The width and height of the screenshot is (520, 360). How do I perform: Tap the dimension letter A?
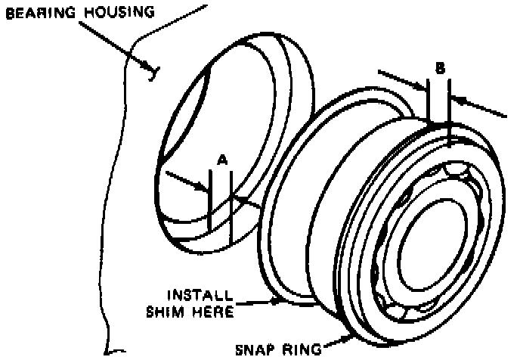(222, 160)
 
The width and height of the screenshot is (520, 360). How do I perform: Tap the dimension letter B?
(439, 67)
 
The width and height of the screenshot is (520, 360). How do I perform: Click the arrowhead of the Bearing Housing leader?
(153, 71)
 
